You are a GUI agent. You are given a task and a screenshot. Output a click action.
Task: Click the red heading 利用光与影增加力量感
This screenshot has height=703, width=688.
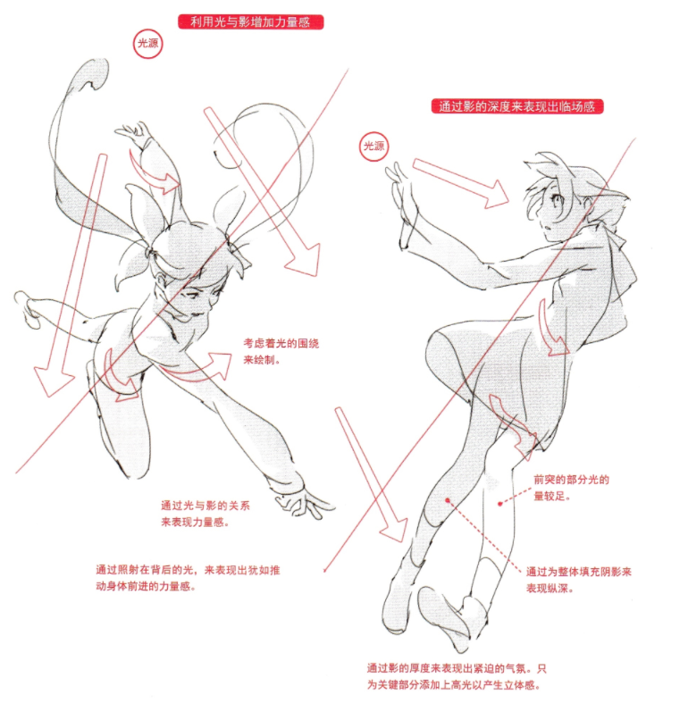pos(250,22)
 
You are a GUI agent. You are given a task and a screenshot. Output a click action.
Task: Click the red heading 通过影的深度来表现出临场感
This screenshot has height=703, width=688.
pos(517,106)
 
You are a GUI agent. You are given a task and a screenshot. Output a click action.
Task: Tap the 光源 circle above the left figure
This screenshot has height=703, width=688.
pos(148,44)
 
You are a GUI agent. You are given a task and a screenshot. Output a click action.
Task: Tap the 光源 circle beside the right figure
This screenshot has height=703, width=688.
pos(374,146)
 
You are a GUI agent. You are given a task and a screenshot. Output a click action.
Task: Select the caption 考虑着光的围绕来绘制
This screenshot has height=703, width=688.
pos(281,352)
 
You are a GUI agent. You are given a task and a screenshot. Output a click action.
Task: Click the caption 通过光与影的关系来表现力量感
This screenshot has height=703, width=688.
pos(206,514)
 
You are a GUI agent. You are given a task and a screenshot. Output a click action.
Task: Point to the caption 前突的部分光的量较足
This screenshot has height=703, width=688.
pos(571,488)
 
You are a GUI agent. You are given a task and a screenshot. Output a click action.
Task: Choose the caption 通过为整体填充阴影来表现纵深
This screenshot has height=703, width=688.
pos(579,580)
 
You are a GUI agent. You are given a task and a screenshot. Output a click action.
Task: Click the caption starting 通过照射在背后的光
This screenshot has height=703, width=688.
pos(188,578)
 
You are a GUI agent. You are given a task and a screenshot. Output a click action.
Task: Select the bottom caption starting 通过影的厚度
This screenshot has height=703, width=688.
pos(457,676)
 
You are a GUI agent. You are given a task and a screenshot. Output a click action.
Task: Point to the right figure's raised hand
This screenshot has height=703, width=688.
pos(399,185)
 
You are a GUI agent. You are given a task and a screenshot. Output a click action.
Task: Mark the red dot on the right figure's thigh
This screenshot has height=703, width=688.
pos(447,500)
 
